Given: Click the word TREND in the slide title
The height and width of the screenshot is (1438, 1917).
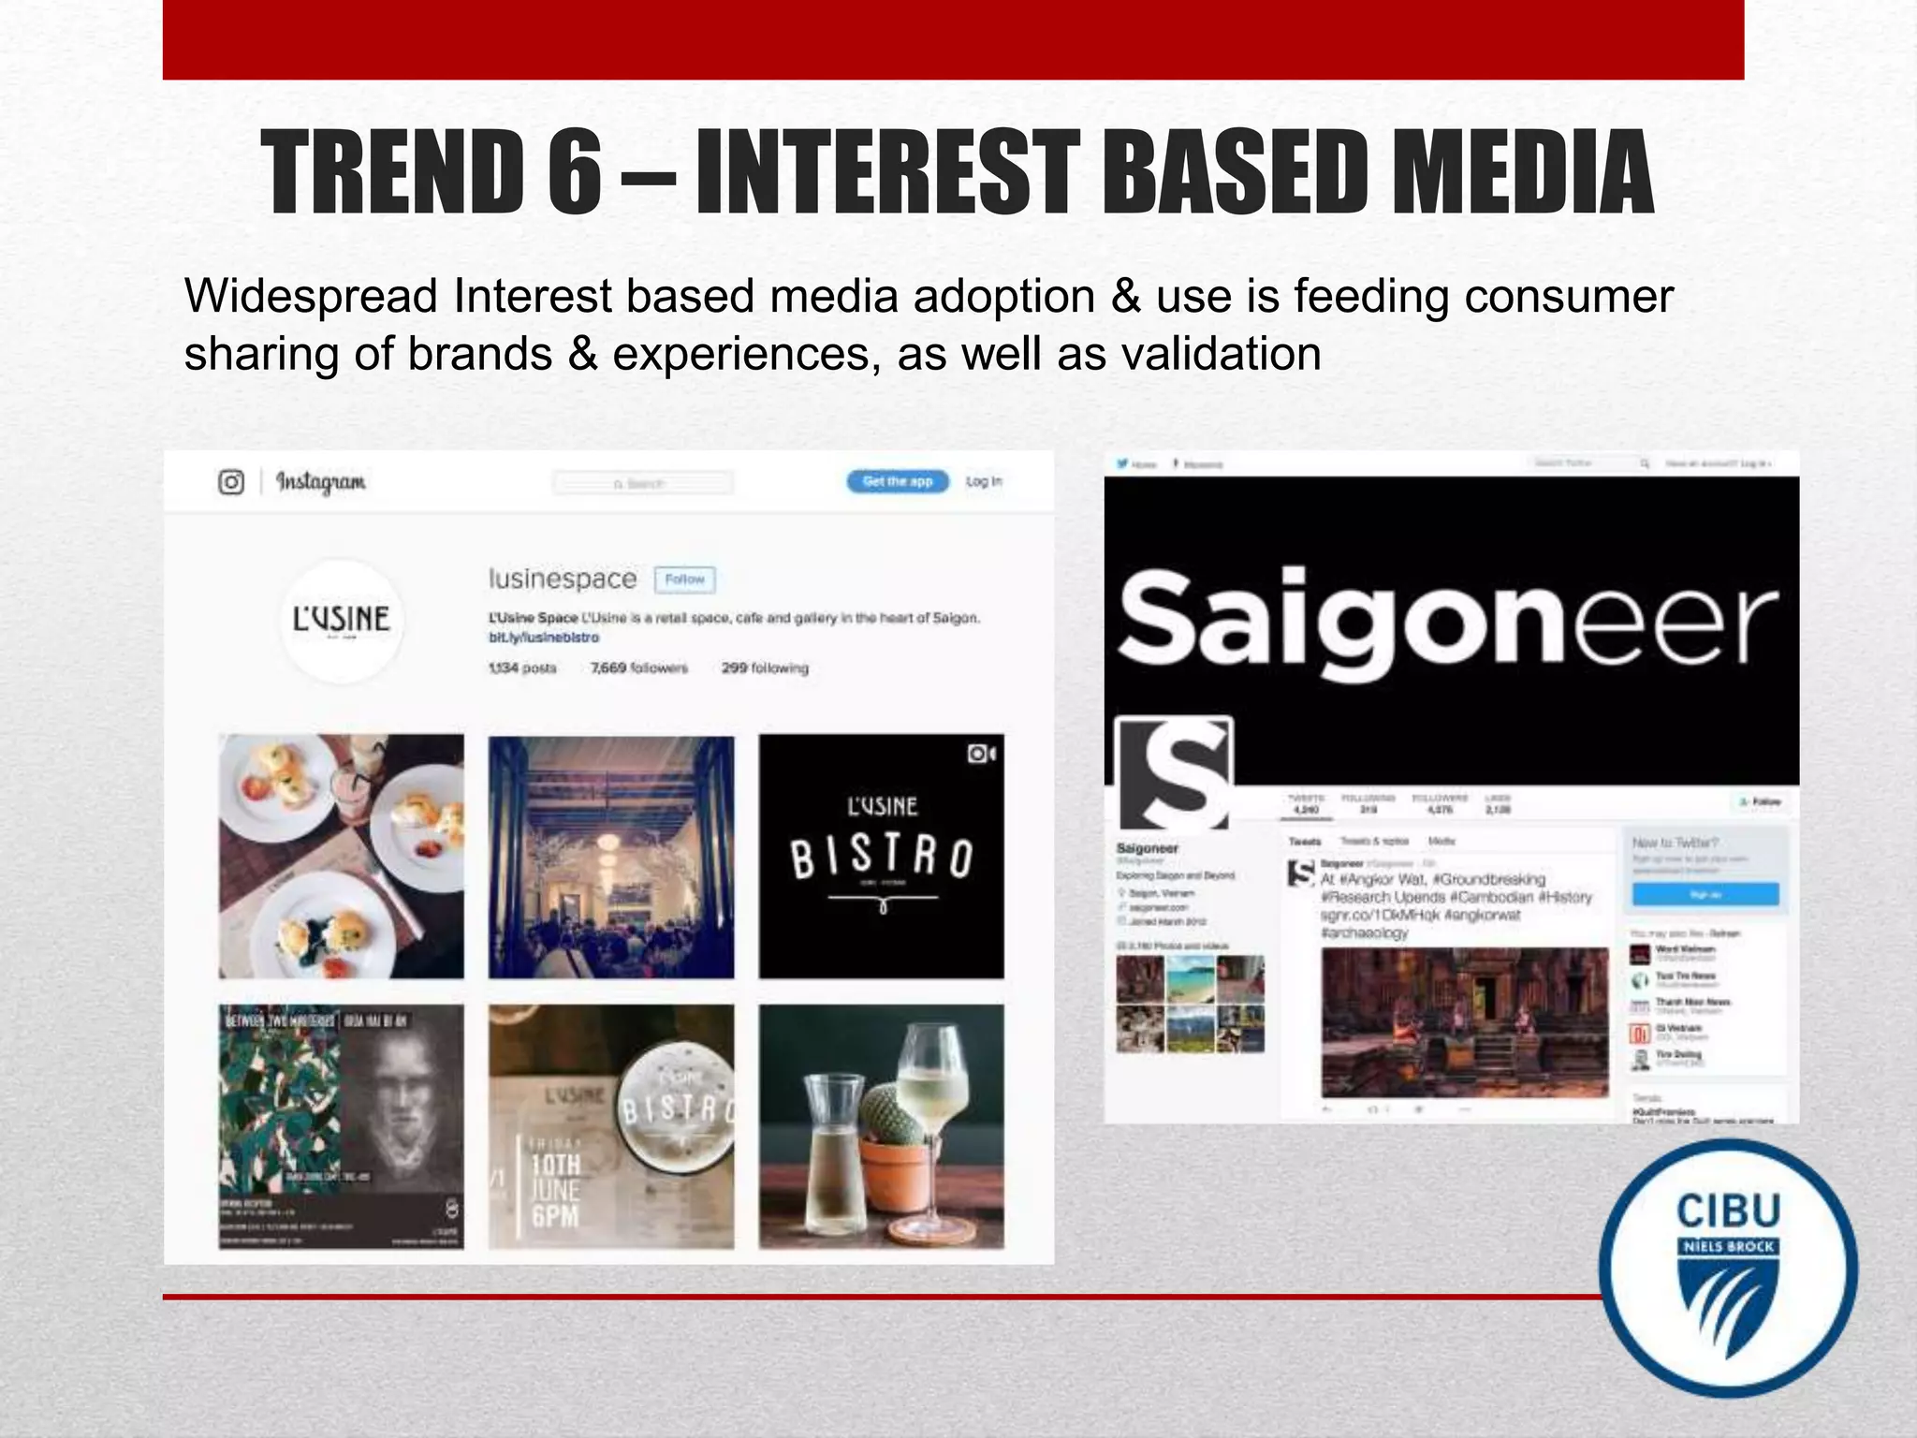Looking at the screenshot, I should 393,173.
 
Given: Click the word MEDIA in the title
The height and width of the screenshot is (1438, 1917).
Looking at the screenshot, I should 1521,173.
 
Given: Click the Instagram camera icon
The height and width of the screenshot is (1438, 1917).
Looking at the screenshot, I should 230,482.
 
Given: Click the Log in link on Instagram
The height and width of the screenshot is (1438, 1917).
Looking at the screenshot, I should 983,481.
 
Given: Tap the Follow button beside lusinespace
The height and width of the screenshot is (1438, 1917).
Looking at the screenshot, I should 684,580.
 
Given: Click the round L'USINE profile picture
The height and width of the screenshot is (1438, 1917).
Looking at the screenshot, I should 342,620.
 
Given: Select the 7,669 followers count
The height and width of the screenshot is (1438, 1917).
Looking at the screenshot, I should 638,668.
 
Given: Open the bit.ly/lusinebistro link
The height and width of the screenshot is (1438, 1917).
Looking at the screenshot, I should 543,638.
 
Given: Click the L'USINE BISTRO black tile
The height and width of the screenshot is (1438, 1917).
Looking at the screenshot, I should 881,857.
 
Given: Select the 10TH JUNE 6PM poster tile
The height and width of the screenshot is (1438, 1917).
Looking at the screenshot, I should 611,1126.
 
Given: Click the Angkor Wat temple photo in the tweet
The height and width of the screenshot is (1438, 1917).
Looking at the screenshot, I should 1464,1021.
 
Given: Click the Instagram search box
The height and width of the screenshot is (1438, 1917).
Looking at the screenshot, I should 643,483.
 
